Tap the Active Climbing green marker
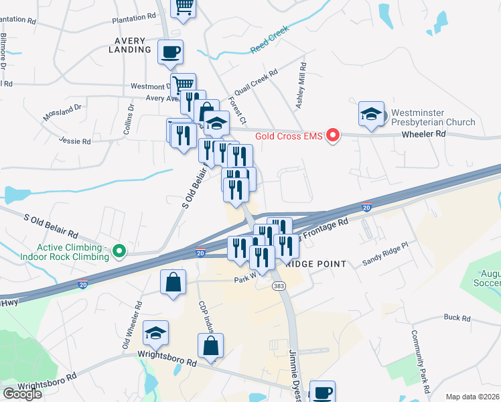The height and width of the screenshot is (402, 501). click(x=120, y=252)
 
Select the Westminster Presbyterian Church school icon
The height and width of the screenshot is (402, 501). click(x=370, y=114)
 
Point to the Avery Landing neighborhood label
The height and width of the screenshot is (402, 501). click(x=130, y=45)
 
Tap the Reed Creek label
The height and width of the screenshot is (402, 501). click(x=269, y=40)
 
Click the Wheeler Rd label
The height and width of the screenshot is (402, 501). click(x=423, y=134)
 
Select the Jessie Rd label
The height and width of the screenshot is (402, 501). click(x=74, y=141)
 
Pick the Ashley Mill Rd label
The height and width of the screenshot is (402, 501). click(x=301, y=86)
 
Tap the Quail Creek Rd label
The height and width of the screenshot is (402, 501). click(x=255, y=84)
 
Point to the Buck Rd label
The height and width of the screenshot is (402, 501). click(x=457, y=318)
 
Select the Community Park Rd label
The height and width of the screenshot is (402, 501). click(x=420, y=361)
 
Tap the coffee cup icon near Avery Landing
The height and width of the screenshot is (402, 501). click(x=171, y=52)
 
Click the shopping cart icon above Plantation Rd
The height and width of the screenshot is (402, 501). click(x=184, y=7)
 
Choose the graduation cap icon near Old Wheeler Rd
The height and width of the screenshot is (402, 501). click(x=156, y=333)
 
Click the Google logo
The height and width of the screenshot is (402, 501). click(x=22, y=394)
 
